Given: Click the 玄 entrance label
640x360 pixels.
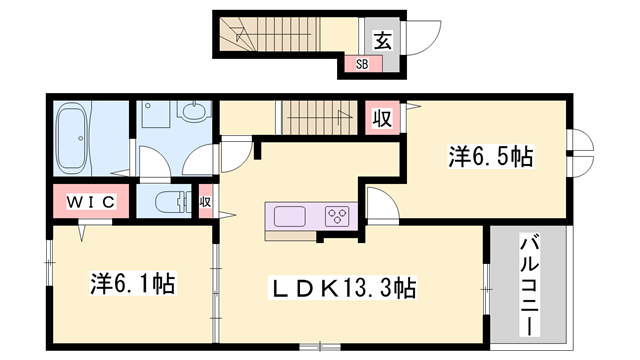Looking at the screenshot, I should [383, 40].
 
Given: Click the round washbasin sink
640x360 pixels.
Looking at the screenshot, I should [194, 114].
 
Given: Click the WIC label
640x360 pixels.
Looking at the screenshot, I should [93, 202].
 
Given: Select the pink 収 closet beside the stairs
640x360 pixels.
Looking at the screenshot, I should [382, 117].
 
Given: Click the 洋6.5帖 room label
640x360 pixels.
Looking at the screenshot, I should [489, 156].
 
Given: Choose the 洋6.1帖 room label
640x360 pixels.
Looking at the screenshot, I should [132, 285].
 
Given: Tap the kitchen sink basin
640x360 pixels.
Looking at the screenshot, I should [290, 216].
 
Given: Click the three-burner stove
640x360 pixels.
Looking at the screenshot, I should [337, 216].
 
